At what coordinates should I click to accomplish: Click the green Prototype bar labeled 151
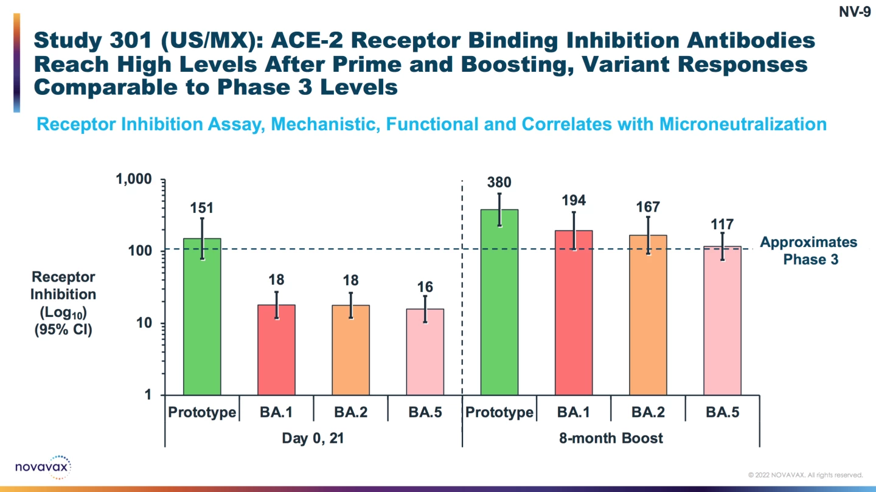click(x=202, y=316)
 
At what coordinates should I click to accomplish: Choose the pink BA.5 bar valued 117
click(x=722, y=320)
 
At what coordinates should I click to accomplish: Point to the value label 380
click(x=499, y=182)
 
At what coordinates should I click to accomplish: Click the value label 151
click(x=202, y=209)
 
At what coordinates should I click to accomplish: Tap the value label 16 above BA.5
click(x=425, y=287)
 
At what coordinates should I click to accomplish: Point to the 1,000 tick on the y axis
click(x=134, y=180)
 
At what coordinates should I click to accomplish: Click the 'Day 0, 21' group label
click(x=313, y=438)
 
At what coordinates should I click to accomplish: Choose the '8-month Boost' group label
click(x=611, y=438)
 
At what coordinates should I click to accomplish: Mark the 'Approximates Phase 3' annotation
click(x=809, y=251)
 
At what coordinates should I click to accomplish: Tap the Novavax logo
click(x=43, y=467)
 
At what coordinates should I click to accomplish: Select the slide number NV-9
click(x=855, y=12)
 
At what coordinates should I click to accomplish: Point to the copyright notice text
click(x=805, y=475)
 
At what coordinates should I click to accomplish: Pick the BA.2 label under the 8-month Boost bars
click(x=648, y=412)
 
